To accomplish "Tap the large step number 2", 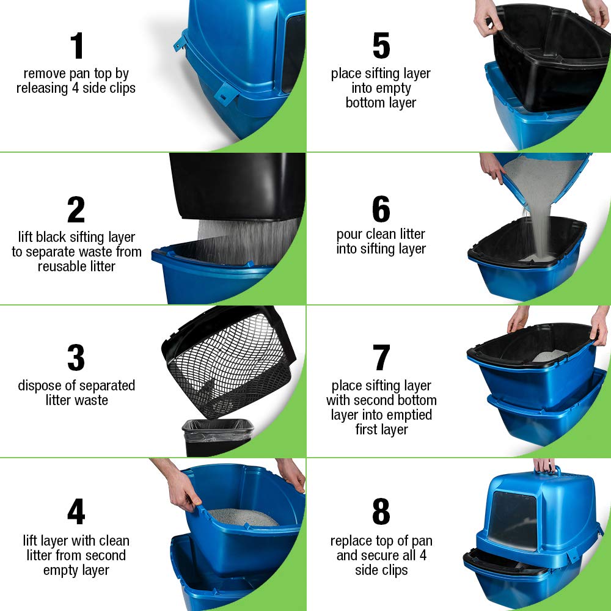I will point(76,210).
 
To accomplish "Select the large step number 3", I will point(76,358).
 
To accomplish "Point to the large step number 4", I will point(76,512).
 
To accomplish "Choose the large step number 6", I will point(381,210).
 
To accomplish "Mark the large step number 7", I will point(381,358).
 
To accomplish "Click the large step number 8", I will point(381,512).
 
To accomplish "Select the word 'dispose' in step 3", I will point(42,386).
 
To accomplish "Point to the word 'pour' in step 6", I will point(349,234).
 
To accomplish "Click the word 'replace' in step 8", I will point(351,541).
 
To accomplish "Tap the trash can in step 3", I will point(217,437).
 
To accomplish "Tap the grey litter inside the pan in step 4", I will point(244,517).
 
